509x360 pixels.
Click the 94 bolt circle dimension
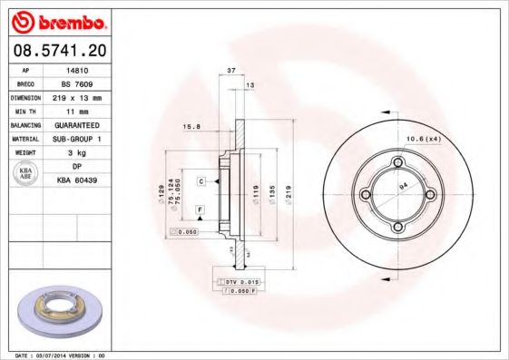click(x=405, y=188)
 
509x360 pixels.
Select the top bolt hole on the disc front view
click(x=396, y=162)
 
